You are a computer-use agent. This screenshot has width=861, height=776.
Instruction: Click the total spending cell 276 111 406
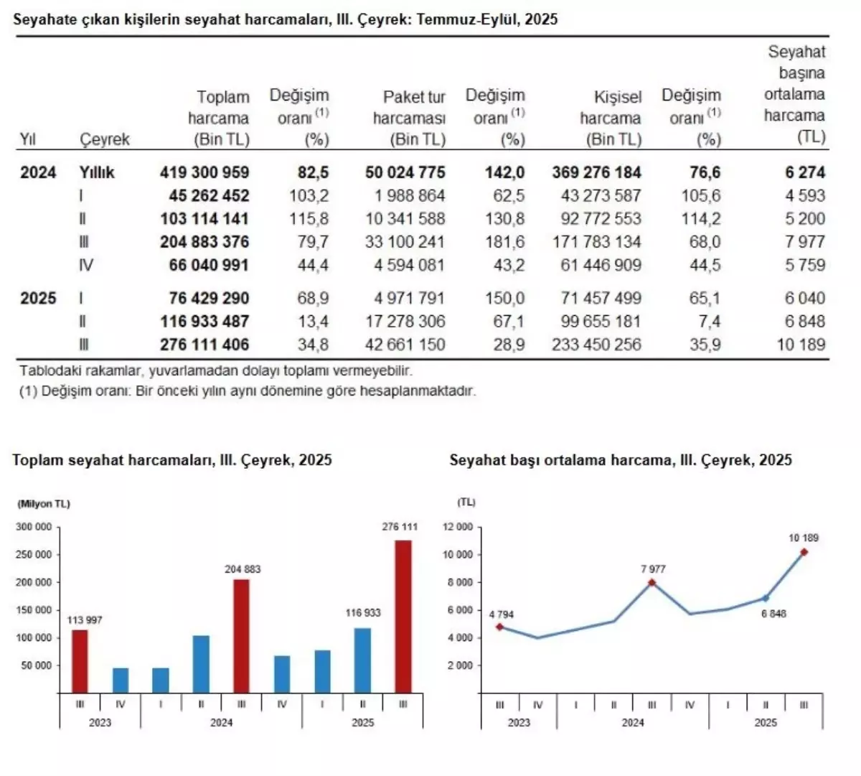[204, 345]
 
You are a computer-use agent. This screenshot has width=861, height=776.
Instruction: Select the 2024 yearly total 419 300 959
[204, 172]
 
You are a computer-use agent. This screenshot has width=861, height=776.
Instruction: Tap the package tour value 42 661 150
[405, 345]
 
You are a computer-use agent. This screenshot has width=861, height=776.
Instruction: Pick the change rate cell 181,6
[505, 242]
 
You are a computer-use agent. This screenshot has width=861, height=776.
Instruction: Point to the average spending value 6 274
[805, 172]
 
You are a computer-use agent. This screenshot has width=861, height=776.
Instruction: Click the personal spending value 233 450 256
[596, 345]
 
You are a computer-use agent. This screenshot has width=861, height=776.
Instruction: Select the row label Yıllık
[97, 172]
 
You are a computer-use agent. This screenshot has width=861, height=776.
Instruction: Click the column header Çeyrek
[105, 139]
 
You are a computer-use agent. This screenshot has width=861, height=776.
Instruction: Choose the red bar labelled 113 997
[80, 660]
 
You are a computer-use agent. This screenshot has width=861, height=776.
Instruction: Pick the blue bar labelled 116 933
[363, 660]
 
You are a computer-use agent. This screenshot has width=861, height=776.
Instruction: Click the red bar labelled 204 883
[242, 635]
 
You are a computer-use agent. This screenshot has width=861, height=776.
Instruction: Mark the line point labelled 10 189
[804, 552]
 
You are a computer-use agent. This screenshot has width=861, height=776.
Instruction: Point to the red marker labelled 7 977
[651, 583]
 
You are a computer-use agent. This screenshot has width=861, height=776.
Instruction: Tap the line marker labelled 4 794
[499, 627]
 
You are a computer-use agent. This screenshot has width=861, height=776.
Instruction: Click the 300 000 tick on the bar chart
[34, 527]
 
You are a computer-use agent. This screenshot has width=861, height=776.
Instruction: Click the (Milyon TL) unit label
[44, 504]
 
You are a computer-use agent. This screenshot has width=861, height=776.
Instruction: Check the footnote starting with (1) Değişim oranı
[248, 392]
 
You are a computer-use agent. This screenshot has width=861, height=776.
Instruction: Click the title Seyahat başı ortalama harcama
[621, 460]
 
